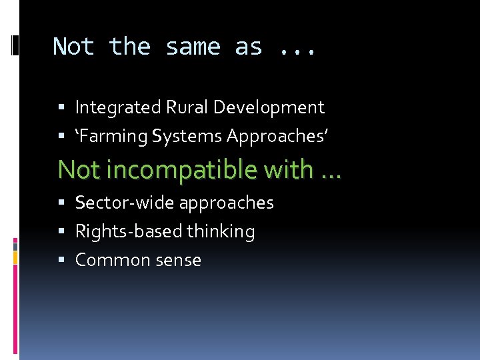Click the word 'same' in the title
click(193, 47)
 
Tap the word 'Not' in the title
click(73, 47)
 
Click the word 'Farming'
click(113, 136)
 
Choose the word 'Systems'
click(187, 136)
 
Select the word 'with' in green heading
click(288, 169)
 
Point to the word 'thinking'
click(221, 231)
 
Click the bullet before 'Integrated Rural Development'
click(61, 108)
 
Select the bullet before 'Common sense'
click(61, 261)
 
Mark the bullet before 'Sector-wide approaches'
click(61, 203)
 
